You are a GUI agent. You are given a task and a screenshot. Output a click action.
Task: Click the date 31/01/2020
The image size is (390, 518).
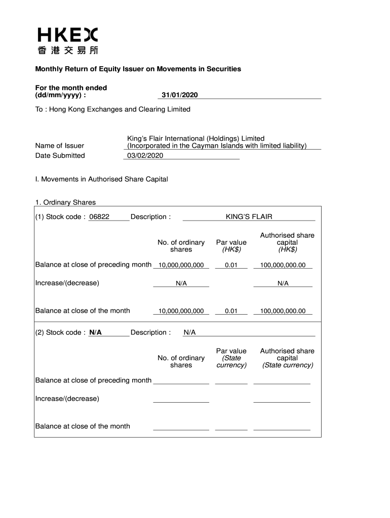pos(179,95)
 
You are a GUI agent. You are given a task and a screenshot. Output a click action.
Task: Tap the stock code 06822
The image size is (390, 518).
pos(99,217)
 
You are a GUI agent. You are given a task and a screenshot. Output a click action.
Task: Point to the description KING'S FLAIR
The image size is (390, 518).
pos(249,217)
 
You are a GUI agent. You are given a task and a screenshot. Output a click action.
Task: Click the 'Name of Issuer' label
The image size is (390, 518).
pos(60,146)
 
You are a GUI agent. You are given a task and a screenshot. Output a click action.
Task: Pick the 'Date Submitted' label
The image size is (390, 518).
pos(60,156)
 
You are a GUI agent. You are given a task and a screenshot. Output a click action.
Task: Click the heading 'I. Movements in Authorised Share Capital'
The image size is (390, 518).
pos(101,179)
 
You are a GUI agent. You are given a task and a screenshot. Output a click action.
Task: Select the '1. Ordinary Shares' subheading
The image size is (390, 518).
pos(65,202)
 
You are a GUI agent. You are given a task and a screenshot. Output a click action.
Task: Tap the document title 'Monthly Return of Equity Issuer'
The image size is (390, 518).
pos(138,69)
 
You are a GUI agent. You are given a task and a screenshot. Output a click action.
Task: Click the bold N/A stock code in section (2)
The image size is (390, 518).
pos(95,332)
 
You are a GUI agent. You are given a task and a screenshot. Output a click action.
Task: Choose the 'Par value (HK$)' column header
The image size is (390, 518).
pos(231,246)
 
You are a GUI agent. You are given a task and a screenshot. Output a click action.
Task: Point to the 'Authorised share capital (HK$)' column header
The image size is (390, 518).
pos(287,242)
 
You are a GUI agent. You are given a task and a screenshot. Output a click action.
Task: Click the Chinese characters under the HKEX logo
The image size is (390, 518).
pos(67,50)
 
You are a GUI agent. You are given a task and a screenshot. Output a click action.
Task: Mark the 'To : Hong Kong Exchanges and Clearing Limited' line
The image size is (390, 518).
pos(112,109)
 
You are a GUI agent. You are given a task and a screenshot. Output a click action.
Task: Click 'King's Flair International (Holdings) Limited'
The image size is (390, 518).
pos(196,139)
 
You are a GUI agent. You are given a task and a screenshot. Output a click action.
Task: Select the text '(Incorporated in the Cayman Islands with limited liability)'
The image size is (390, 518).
pos(217,146)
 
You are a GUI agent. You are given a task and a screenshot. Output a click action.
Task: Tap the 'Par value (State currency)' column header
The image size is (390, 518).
pos(231,358)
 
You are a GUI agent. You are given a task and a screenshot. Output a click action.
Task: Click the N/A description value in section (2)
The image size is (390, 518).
pos(189,332)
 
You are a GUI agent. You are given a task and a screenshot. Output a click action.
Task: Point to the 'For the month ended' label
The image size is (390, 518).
pos(71,88)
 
